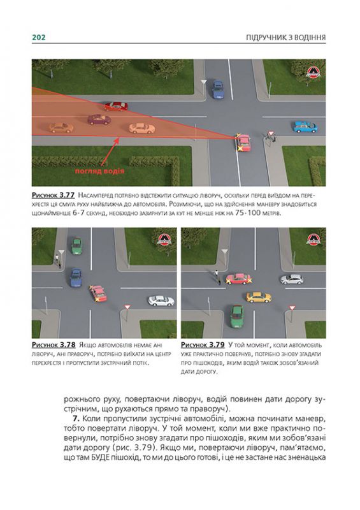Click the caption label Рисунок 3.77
click(x=53, y=193)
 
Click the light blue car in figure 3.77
click(x=305, y=127)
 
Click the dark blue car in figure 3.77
click(x=218, y=89)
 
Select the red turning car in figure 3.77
click(x=243, y=143)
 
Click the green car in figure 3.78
click(x=76, y=245)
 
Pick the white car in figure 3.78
click(x=161, y=300)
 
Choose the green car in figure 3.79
click(x=236, y=314)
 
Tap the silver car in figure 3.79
click(x=292, y=279)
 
